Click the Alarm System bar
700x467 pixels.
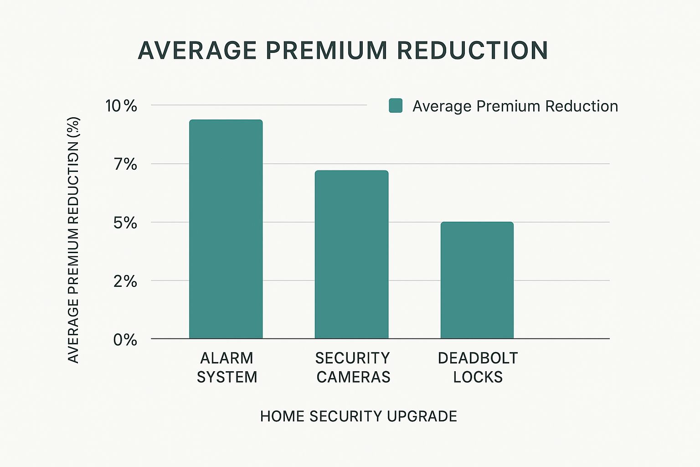[226, 229]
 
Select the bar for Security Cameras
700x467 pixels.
[351, 254]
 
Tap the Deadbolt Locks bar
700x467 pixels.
[477, 280]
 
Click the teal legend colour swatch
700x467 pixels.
[395, 106]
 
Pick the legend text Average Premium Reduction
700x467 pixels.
[515, 106]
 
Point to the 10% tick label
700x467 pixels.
[121, 106]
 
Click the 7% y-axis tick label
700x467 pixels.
[125, 164]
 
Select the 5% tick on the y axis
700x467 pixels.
[125, 223]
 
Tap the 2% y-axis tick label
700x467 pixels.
[125, 281]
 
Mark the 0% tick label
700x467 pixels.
[125, 340]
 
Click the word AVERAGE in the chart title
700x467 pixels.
[197, 51]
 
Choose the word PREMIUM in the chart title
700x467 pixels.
[326, 51]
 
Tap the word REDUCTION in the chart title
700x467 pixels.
[472, 51]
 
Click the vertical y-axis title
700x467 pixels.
[73, 240]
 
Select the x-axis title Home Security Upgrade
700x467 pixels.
[358, 416]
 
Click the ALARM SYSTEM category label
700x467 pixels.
[227, 368]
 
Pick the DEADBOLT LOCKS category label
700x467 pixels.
[478, 368]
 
